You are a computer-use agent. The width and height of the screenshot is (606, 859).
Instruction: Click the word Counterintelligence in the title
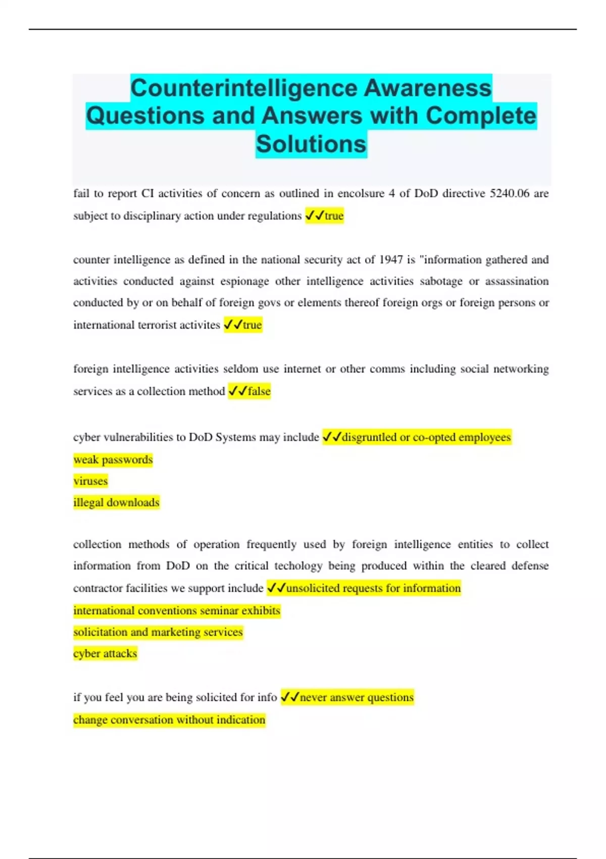point(244,88)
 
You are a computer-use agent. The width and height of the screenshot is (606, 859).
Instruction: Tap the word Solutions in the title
point(311,144)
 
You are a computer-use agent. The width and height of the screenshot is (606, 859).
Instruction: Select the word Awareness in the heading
point(427,88)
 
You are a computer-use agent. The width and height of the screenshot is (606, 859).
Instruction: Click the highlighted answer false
point(259,391)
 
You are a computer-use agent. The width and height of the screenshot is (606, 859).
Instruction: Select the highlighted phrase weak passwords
point(113,460)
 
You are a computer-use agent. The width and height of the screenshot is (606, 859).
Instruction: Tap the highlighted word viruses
point(90,481)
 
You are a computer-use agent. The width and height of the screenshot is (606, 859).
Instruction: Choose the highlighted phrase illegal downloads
point(116,502)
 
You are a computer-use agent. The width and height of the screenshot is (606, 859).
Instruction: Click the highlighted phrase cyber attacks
point(105,653)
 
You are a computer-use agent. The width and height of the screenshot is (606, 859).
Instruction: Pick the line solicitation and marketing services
point(158,632)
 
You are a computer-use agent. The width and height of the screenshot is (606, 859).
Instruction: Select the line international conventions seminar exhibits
point(177,610)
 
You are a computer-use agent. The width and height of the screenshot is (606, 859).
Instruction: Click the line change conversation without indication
point(169,720)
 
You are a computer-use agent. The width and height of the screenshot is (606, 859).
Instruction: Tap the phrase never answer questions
point(357,697)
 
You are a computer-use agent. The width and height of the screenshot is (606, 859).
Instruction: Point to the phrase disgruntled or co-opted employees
point(426,437)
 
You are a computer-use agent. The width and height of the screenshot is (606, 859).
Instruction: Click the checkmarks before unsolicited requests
point(276,588)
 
